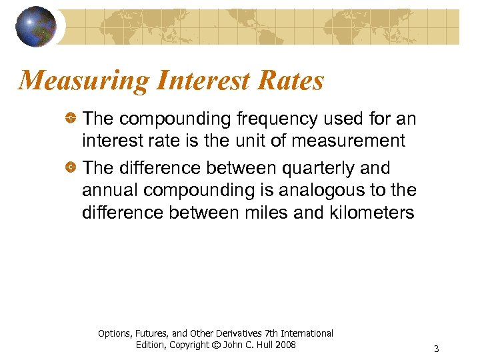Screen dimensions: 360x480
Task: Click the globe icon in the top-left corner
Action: [36, 26]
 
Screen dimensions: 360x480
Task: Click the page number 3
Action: [436, 349]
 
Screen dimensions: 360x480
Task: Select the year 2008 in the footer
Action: [285, 345]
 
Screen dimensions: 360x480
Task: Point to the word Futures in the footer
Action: [145, 333]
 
